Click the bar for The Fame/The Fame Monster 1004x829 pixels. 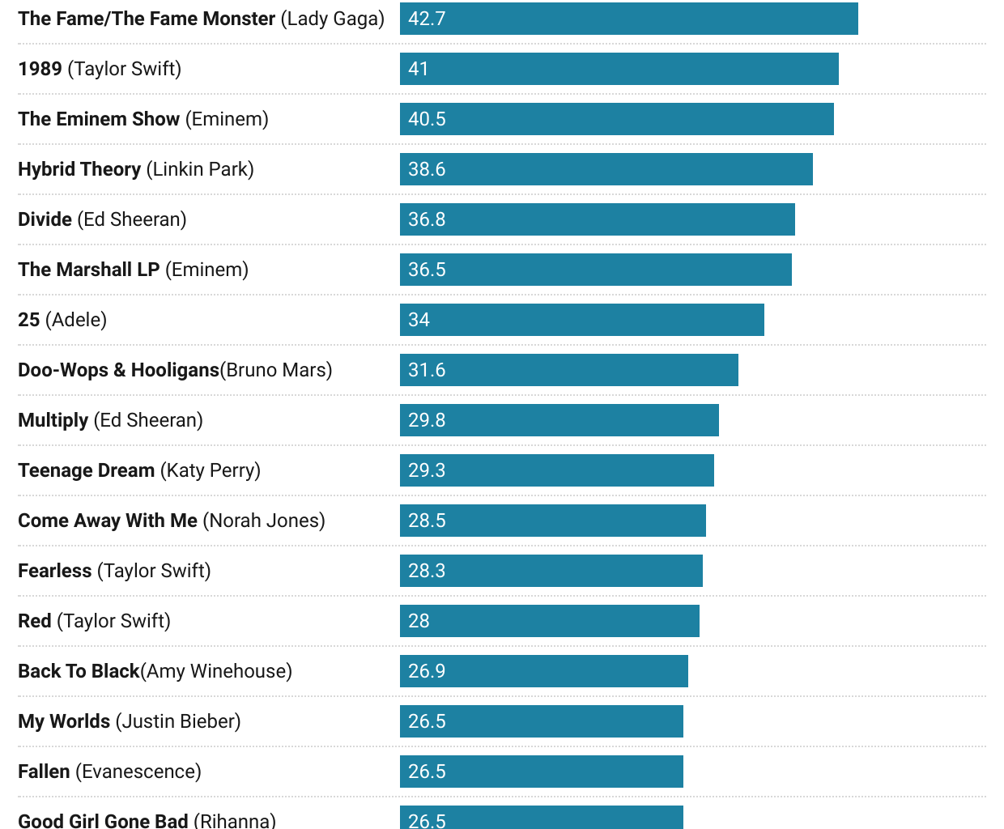(x=628, y=19)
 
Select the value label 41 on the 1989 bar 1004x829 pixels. (x=419, y=69)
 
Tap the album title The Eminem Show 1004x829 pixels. (x=99, y=119)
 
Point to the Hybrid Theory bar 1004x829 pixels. (x=606, y=169)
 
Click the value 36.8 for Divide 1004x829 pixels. (x=427, y=219)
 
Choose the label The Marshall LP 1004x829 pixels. (x=89, y=270)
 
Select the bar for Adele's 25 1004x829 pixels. (x=581, y=320)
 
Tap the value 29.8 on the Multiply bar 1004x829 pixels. (x=427, y=420)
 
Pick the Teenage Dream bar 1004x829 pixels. (x=556, y=470)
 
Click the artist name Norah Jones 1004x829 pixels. (x=264, y=521)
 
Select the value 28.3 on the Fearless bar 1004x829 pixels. (x=427, y=571)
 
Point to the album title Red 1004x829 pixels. (x=35, y=621)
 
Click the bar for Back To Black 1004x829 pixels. (x=543, y=671)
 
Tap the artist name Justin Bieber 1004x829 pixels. (x=178, y=721)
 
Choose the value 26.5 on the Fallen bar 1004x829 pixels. (x=427, y=772)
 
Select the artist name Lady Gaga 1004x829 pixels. (x=333, y=19)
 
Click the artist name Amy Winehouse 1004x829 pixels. (x=216, y=671)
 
